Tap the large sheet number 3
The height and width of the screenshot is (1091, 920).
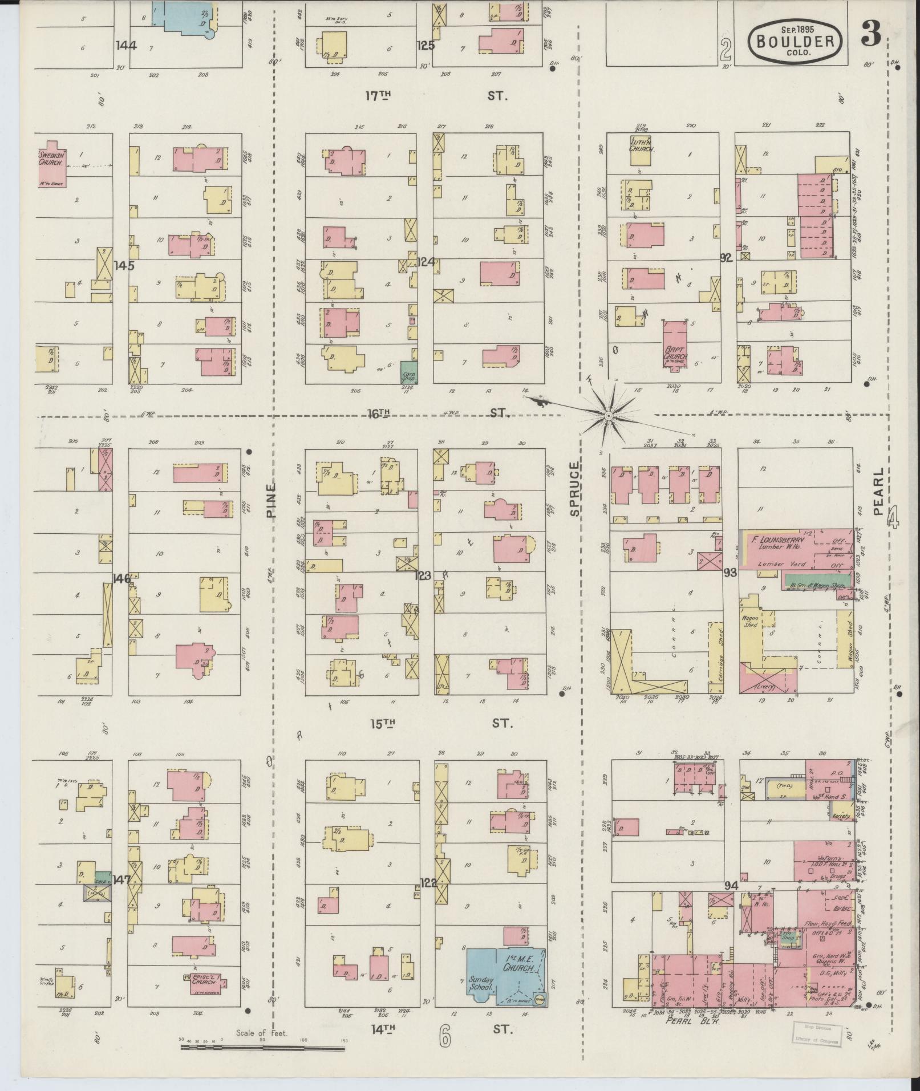click(871, 35)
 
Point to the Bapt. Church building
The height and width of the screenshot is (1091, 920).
click(675, 343)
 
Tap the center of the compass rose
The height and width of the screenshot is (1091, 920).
click(609, 416)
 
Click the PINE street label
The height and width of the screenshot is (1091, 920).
click(270, 500)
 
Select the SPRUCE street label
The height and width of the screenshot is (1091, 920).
click(574, 489)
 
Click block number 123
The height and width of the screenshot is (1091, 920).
click(423, 575)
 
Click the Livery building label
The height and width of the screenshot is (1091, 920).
click(764, 687)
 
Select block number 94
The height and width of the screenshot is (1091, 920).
click(732, 901)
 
